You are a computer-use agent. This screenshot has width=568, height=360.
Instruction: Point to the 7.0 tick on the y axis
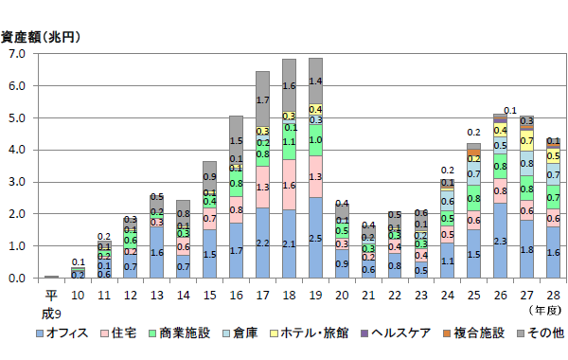(x=17, y=54)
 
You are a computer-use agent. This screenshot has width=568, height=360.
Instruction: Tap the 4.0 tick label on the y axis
(x=17, y=150)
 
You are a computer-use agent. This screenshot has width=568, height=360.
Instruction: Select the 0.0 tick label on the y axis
(x=17, y=279)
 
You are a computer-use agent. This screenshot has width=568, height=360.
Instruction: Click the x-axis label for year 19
(x=315, y=295)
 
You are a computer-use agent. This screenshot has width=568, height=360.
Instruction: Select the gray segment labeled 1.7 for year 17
(x=262, y=99)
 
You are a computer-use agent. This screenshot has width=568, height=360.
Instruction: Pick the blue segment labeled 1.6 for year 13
(x=156, y=252)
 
